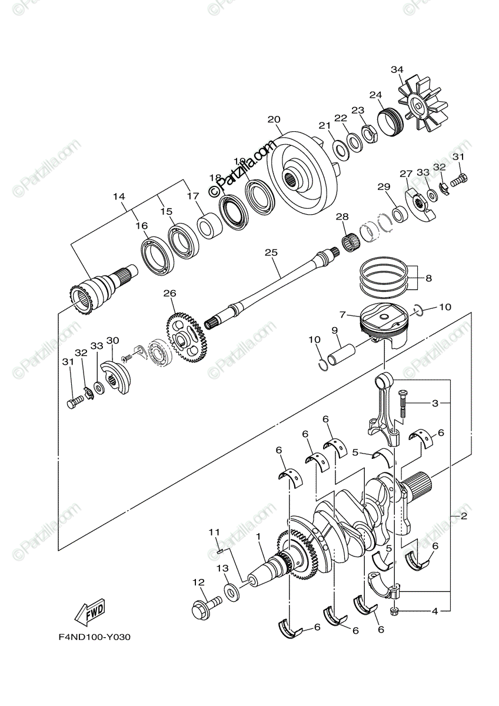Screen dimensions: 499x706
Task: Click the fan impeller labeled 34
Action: [x=423, y=109]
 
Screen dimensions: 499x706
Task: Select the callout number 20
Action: [x=274, y=119]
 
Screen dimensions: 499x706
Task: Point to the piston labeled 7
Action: [x=382, y=324]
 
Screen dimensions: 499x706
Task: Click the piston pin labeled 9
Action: [x=340, y=355]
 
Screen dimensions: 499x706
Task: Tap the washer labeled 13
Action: [x=232, y=591]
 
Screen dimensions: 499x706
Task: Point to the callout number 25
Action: [x=271, y=252]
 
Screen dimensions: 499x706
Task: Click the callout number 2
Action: [x=464, y=516]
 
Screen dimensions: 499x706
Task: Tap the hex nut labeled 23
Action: [x=370, y=134]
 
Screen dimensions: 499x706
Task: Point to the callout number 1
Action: [x=258, y=537]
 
